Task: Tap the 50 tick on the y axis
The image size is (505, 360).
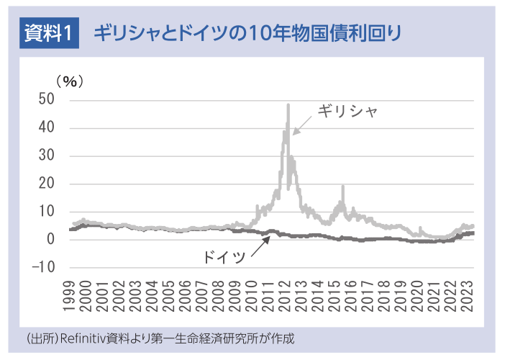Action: [x=47, y=100]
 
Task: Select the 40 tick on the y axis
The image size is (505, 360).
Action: [x=47, y=128]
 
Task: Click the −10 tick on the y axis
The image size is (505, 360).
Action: [x=44, y=267]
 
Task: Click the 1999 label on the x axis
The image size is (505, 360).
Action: [x=70, y=297]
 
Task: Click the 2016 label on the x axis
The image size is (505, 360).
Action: [x=356, y=297]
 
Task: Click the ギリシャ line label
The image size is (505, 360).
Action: [x=348, y=112]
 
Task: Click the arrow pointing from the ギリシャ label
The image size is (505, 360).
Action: [x=304, y=123]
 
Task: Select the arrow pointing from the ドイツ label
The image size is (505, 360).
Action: [x=260, y=246]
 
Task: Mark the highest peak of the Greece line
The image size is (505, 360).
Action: [x=288, y=105]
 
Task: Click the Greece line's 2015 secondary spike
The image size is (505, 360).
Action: [x=343, y=187]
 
